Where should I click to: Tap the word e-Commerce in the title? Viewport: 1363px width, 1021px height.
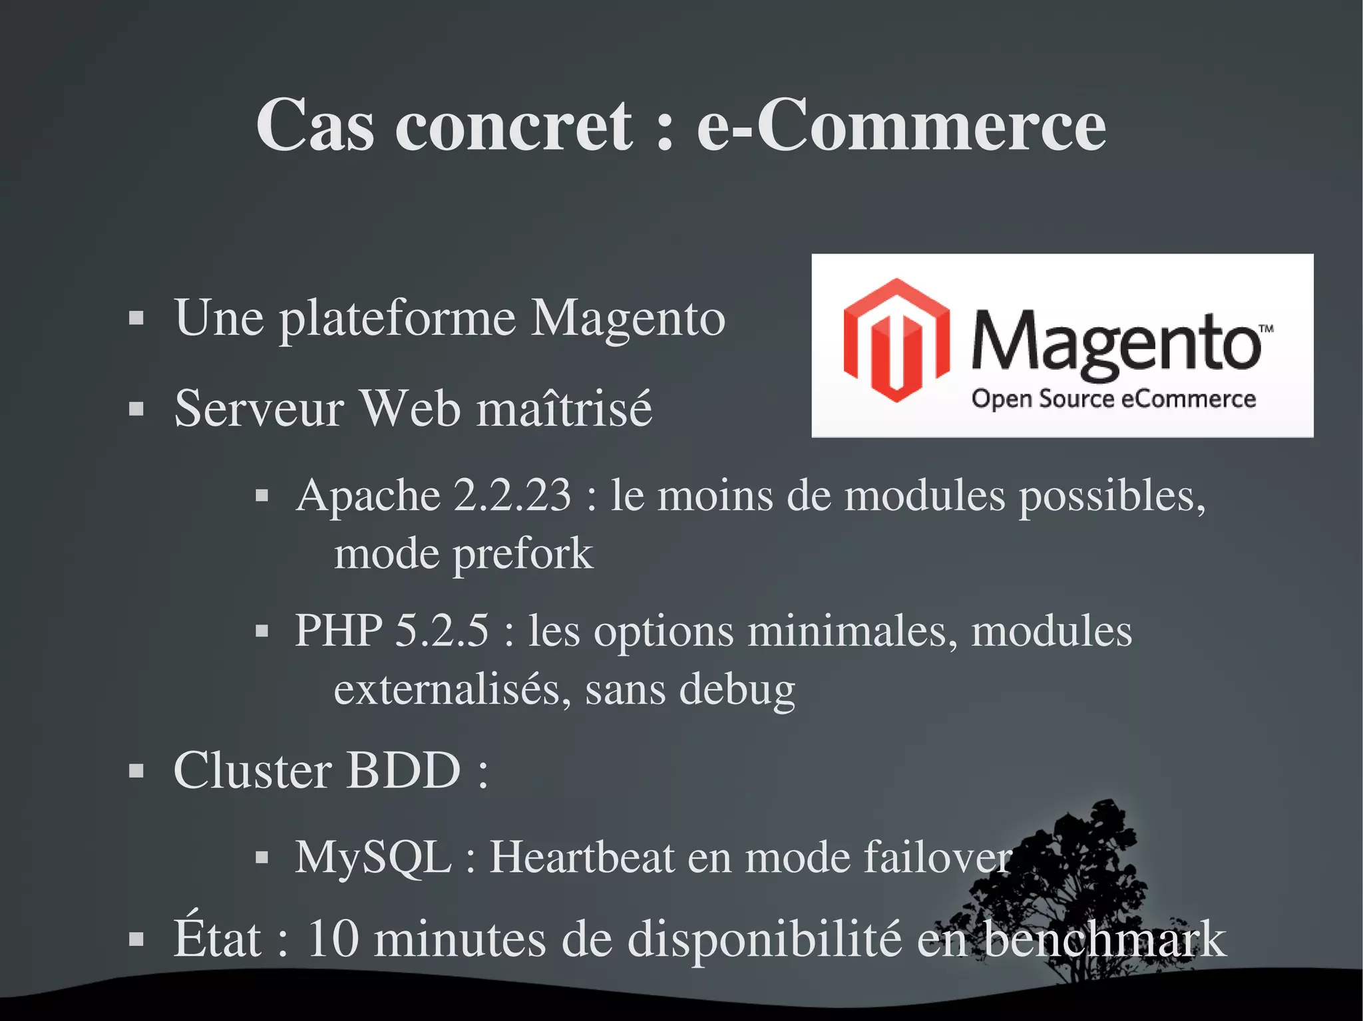pyautogui.click(x=901, y=126)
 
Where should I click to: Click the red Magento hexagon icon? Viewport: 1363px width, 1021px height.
pyautogui.click(x=896, y=341)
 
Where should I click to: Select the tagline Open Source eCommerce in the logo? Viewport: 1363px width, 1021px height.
pyautogui.click(x=1113, y=399)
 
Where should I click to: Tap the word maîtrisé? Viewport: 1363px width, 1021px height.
pyautogui.click(x=565, y=408)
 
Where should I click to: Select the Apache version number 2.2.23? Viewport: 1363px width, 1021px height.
pyautogui.click(x=512, y=496)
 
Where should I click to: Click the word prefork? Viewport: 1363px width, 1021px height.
pyautogui.click(x=523, y=554)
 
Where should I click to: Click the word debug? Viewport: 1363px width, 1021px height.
pyautogui.click(x=737, y=690)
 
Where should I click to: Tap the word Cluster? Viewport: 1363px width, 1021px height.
pyautogui.click(x=252, y=771)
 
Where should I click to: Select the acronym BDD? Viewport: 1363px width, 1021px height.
pyautogui.click(x=404, y=771)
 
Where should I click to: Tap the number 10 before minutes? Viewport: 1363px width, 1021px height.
pyautogui.click(x=333, y=939)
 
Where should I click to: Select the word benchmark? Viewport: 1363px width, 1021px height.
pyautogui.click(x=1105, y=939)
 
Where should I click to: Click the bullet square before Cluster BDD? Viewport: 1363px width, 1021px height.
pyautogui.click(x=136, y=772)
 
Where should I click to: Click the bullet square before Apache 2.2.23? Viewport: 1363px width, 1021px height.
pyautogui.click(x=262, y=496)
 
